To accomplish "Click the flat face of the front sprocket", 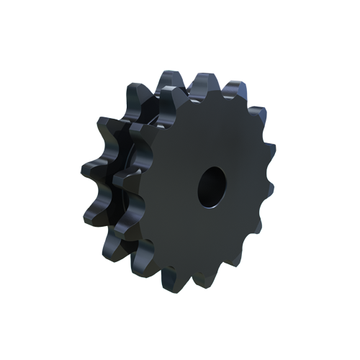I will (194, 230).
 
